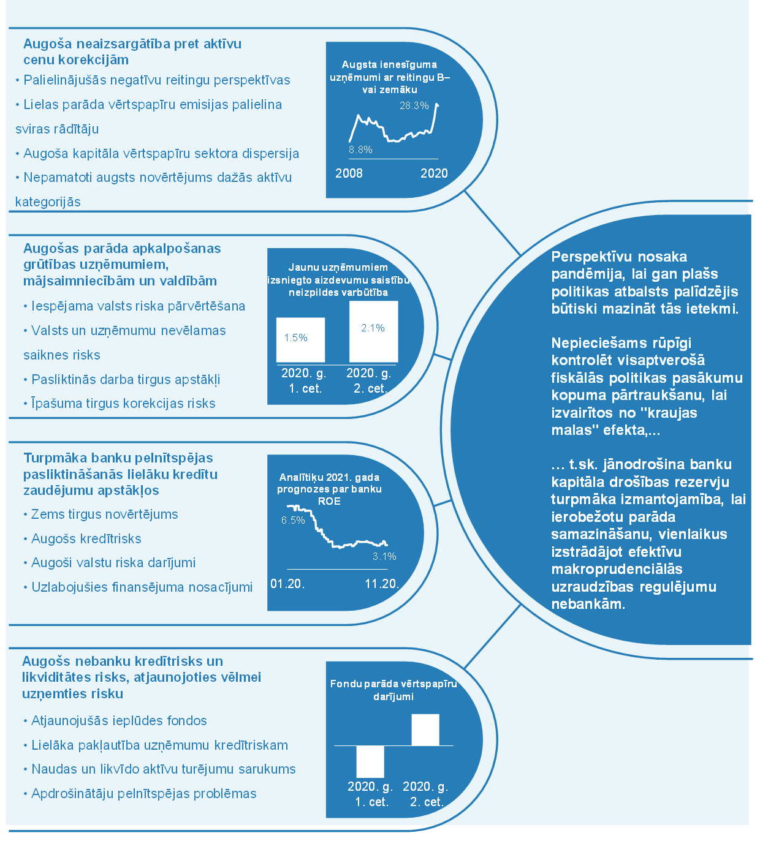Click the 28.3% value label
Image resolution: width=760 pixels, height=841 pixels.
(x=414, y=105)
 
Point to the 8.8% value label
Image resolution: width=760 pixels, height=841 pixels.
(x=360, y=149)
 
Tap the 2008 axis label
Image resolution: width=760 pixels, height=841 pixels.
(x=349, y=173)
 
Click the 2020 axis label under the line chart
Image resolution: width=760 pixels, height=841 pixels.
(x=434, y=173)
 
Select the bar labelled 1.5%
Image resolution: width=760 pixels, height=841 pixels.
(x=300, y=339)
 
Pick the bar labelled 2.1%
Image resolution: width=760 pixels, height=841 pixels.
(x=373, y=331)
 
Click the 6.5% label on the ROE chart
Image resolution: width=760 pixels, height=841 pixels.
(x=293, y=520)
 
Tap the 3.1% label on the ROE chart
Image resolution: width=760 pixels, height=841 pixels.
(x=384, y=556)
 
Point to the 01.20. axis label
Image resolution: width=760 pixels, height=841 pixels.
(x=287, y=584)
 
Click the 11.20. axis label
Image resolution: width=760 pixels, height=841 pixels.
(x=382, y=584)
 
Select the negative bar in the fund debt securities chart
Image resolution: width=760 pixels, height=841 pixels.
(x=370, y=761)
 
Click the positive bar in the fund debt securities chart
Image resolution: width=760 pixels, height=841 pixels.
(x=425, y=730)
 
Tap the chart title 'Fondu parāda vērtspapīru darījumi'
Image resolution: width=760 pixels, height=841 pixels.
(x=393, y=690)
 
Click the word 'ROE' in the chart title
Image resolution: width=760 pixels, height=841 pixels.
(x=329, y=501)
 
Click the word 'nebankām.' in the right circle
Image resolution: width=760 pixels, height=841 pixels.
(x=588, y=604)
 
